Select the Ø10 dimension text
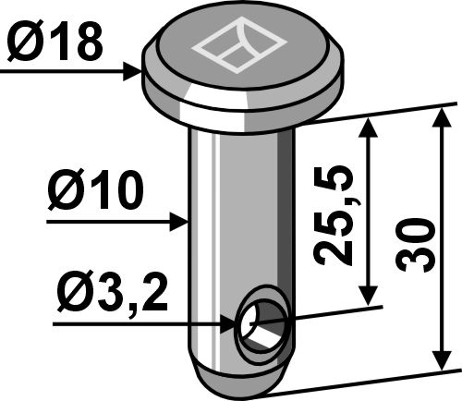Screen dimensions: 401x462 click(95, 193)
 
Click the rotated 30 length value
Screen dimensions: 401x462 click(412, 244)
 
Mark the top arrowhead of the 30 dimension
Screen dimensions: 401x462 click(440, 115)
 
